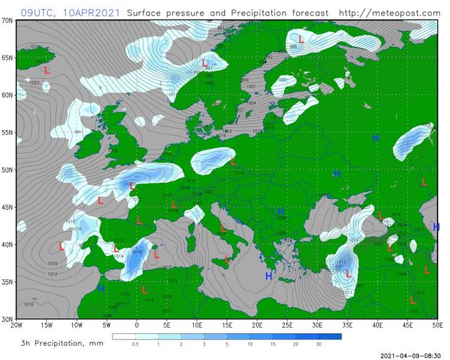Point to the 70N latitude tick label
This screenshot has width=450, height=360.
point(7,20)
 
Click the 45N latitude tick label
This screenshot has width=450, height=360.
point(7,207)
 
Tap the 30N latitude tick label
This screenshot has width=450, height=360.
point(7,319)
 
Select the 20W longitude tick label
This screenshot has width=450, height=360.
point(16,326)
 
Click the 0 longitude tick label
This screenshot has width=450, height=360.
point(136,326)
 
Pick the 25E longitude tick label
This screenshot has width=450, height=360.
point(287,326)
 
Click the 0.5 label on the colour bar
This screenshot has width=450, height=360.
point(135,345)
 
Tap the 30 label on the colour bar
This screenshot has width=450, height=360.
point(318,345)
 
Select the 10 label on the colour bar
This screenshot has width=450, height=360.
point(250,345)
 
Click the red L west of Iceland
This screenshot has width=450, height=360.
point(47,71)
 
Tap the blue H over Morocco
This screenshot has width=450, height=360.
point(101,289)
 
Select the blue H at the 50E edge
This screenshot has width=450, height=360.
point(436,227)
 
